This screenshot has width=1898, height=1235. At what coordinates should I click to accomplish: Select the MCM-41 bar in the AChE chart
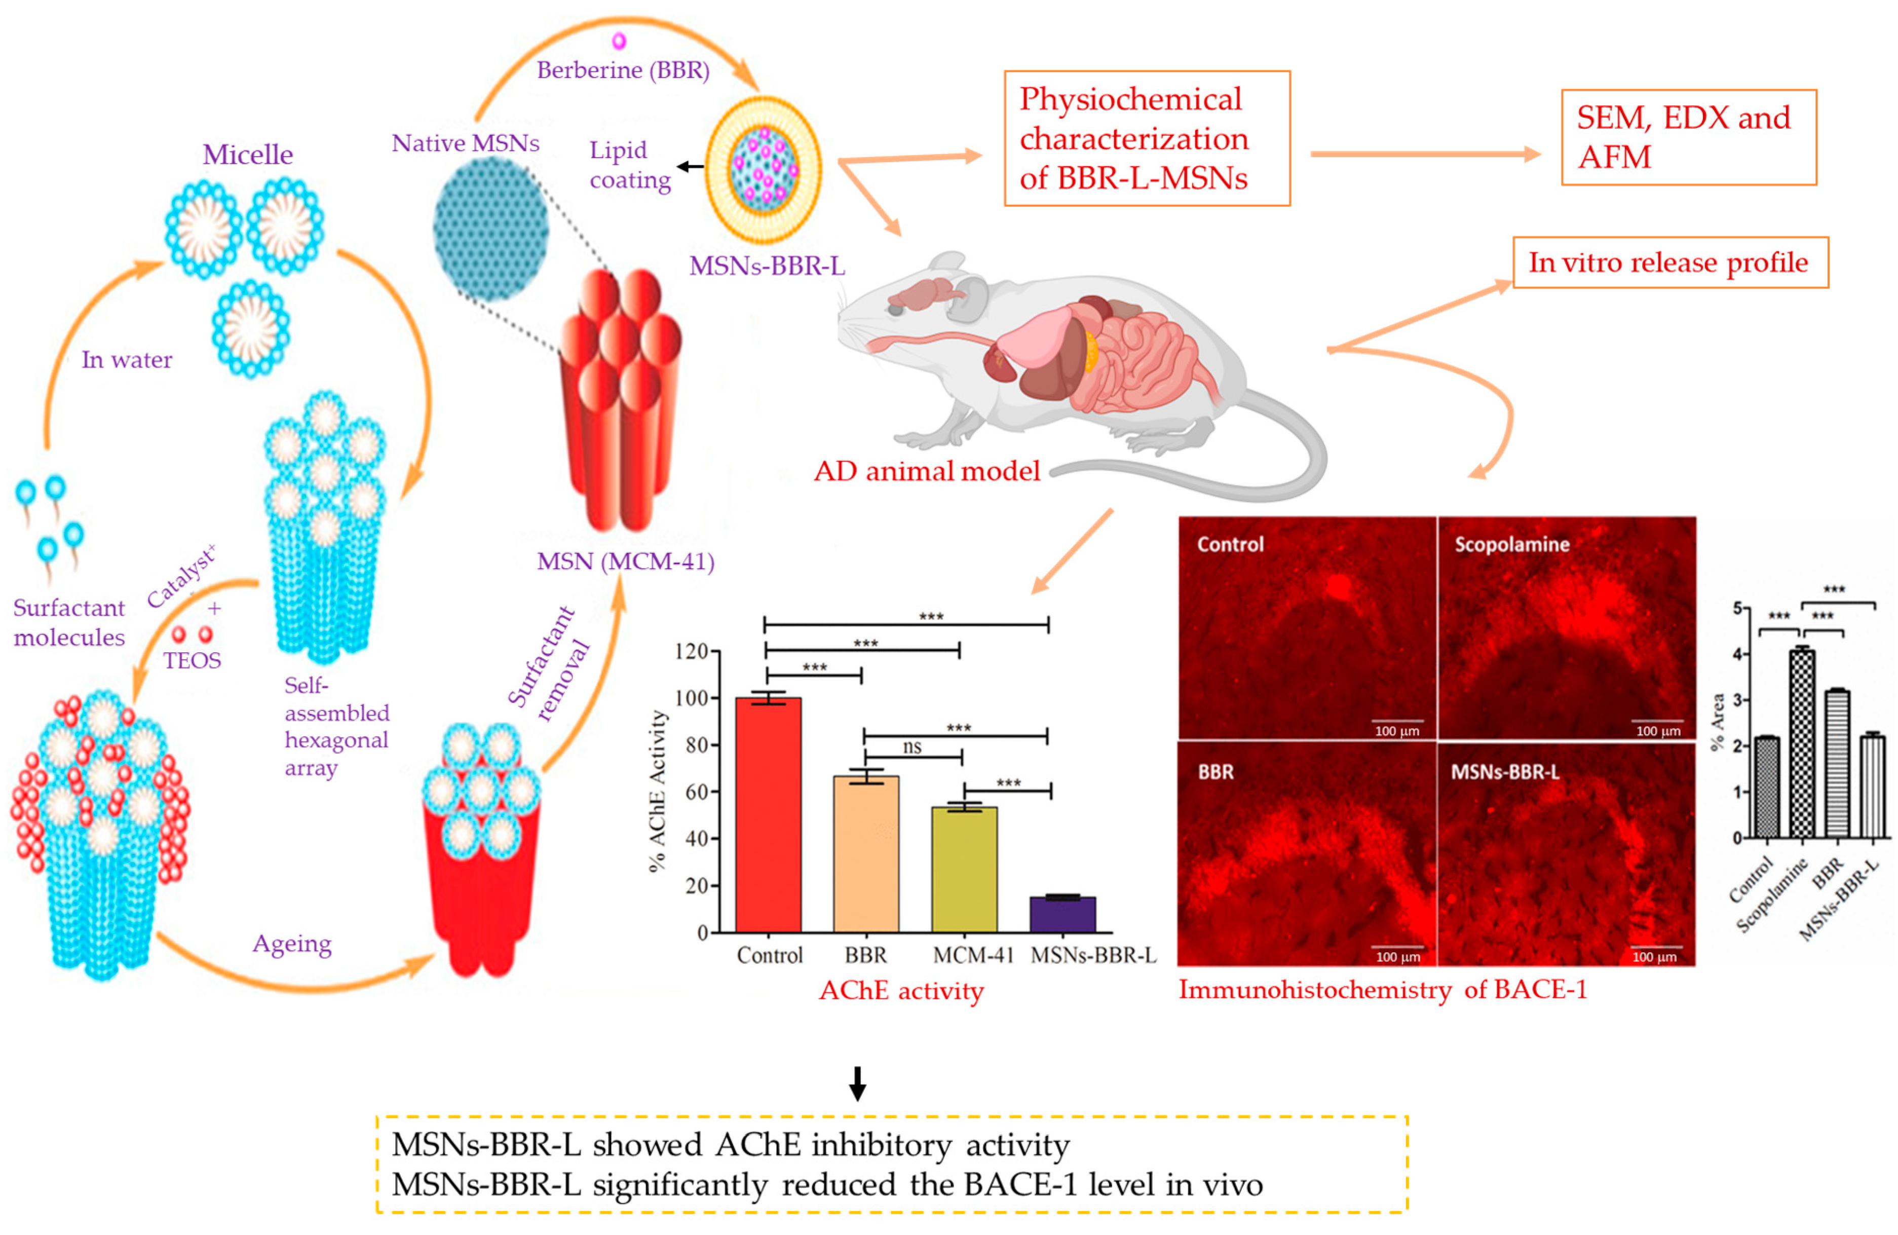(964, 870)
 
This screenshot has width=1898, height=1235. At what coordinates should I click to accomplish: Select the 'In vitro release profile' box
(1670, 263)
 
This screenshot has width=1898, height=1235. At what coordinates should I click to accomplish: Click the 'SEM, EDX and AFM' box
(1688, 137)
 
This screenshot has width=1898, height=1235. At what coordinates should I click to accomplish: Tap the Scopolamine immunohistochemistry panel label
(1511, 544)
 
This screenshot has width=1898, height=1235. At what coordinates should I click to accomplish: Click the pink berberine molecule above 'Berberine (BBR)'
(619, 40)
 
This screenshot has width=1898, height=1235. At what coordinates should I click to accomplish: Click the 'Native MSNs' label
(465, 143)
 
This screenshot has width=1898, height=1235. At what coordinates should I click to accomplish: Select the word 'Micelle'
(247, 154)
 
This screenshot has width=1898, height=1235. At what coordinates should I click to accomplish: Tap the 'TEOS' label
(192, 661)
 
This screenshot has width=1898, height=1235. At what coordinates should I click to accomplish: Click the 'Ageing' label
(292, 944)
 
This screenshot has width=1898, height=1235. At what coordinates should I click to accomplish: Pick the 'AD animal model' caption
(927, 471)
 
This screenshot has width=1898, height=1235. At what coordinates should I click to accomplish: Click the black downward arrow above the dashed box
(857, 1083)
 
